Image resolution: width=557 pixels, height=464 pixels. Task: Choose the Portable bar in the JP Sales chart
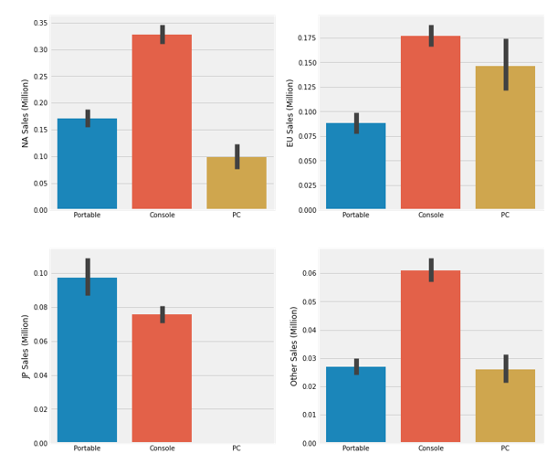click(87, 360)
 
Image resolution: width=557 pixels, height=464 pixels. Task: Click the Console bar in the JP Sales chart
click(162, 378)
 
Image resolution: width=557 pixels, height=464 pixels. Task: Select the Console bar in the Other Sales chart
click(431, 356)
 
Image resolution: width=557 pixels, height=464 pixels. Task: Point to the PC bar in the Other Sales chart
click(505, 406)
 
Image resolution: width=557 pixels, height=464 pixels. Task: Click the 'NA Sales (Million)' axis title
click(26, 112)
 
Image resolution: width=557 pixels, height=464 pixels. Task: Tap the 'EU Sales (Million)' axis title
click(291, 112)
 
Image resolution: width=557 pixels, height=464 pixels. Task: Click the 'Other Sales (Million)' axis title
click(294, 346)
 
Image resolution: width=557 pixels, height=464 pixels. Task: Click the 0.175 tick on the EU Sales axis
click(305, 38)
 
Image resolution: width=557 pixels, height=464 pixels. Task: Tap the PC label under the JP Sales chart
click(236, 448)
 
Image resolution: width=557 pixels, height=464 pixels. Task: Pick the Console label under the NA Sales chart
click(162, 216)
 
